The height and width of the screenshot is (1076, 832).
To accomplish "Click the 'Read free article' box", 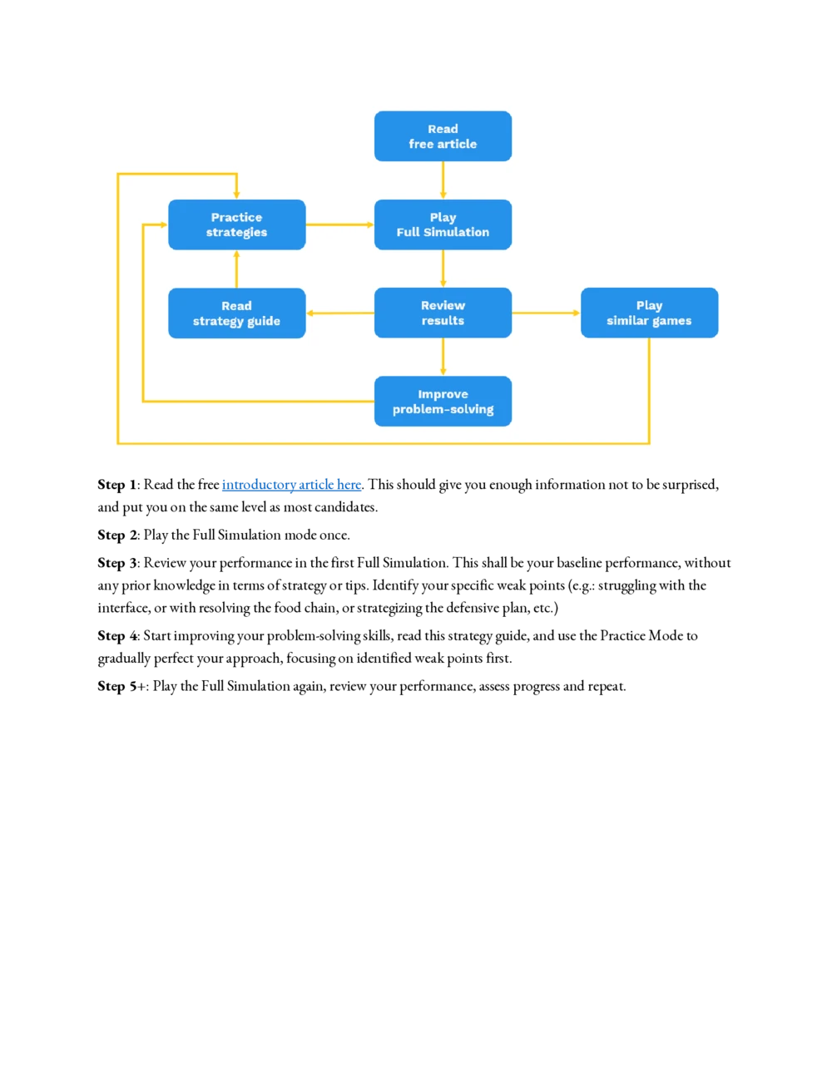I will (x=443, y=136).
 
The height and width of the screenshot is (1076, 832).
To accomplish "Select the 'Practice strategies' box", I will (x=236, y=225).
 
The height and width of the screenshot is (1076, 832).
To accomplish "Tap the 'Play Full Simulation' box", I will (x=443, y=225).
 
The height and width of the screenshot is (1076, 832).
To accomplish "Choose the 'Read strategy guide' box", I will (x=236, y=313).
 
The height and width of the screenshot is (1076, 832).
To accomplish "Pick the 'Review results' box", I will (x=443, y=313).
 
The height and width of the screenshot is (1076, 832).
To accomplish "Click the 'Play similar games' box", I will (x=649, y=313).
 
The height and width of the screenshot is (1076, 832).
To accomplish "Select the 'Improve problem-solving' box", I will (x=443, y=402).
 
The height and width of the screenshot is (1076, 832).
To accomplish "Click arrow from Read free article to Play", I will (x=443, y=180).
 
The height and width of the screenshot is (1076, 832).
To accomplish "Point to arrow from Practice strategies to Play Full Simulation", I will (x=339, y=225).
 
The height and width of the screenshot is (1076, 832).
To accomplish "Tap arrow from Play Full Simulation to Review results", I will (x=443, y=269).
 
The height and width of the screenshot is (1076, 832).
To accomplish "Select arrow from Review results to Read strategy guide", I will (x=340, y=313).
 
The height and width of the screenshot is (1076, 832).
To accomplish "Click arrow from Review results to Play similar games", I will (x=546, y=313).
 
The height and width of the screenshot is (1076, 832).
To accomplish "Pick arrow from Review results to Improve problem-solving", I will (x=443, y=357).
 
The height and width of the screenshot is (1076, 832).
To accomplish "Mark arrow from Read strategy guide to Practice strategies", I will (x=237, y=269).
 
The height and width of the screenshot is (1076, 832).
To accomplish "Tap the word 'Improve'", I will (x=443, y=394).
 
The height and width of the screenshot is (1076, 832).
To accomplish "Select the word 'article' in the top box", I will (x=457, y=144).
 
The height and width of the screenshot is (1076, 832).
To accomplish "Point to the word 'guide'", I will (x=264, y=321).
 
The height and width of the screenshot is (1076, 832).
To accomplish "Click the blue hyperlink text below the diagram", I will (x=292, y=485).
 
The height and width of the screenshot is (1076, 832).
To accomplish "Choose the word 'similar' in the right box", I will (x=628, y=320).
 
